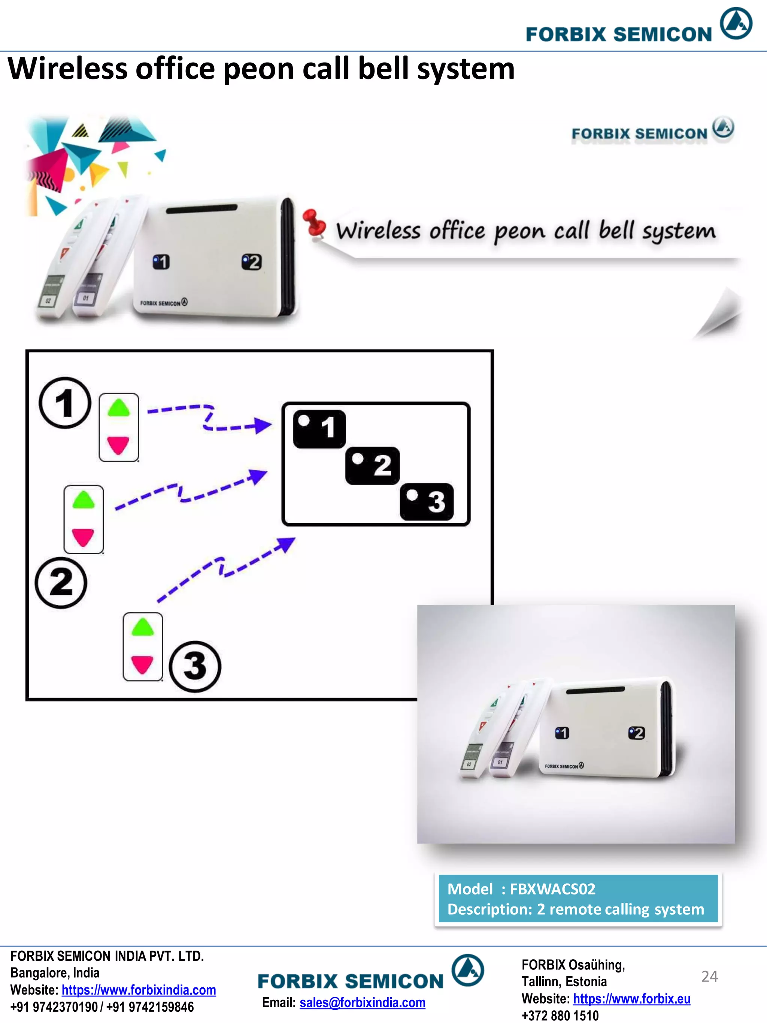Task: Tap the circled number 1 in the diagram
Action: click(65, 403)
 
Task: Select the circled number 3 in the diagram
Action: click(195, 666)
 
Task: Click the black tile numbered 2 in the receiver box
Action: click(372, 465)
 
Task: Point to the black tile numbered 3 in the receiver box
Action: click(426, 502)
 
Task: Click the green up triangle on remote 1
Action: click(119, 408)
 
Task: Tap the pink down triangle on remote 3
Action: click(142, 664)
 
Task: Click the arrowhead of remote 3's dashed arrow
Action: click(286, 544)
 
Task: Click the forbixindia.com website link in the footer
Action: click(139, 990)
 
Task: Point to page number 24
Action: click(709, 976)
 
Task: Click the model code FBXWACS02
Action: click(552, 888)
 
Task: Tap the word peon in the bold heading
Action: click(258, 69)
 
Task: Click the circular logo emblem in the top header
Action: click(736, 23)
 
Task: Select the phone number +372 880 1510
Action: click(560, 1016)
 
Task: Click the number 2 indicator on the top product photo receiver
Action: click(252, 262)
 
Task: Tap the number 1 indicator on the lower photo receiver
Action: click(562, 733)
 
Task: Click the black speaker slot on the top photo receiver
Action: click(201, 209)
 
